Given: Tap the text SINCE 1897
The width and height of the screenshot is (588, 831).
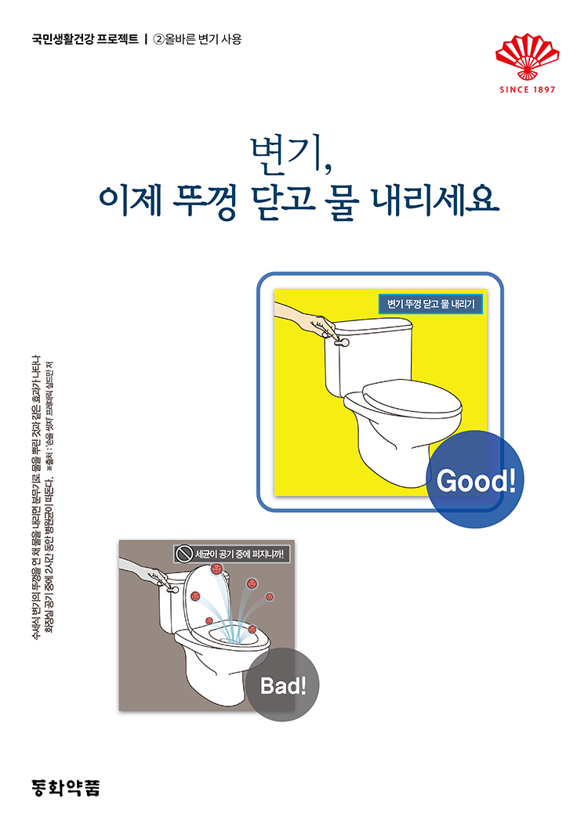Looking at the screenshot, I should click(527, 89).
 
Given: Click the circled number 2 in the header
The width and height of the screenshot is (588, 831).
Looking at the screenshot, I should click(158, 38).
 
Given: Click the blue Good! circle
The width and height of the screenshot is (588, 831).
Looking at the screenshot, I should click(476, 479).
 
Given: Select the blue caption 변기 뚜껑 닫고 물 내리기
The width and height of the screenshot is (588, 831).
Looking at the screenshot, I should click(430, 305).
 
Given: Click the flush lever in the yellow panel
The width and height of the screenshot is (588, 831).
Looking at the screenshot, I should click(342, 341).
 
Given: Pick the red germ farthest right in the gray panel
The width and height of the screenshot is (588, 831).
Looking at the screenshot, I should click(270, 597).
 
